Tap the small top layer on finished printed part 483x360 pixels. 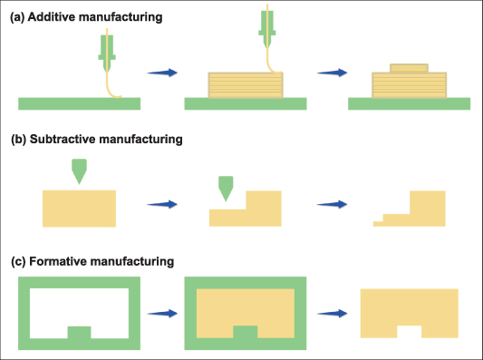(408, 68)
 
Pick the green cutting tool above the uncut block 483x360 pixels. (81, 170)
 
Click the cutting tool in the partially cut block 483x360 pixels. (226, 188)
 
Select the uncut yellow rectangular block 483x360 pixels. (79, 208)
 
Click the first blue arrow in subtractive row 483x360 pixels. (160, 205)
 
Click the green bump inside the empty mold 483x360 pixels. (80, 331)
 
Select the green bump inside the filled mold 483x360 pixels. (245, 331)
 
